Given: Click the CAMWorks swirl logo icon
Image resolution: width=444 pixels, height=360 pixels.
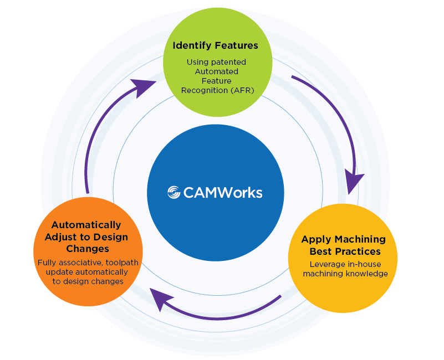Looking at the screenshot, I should (x=174, y=192).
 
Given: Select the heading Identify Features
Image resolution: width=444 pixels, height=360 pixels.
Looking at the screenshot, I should (x=215, y=45).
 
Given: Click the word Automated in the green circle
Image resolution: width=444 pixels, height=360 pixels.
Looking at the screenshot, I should (x=216, y=71).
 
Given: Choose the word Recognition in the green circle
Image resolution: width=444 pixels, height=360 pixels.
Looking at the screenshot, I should (x=205, y=90).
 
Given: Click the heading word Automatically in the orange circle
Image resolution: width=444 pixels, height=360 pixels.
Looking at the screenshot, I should (x=86, y=225).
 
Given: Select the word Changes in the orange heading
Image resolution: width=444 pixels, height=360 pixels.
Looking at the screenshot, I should (x=88, y=249).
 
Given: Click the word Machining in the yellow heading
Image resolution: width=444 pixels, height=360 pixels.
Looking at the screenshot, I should (x=360, y=239).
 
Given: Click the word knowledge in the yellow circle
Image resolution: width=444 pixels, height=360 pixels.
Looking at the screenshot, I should (x=368, y=274).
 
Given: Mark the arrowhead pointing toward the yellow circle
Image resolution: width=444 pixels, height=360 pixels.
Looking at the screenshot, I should (x=353, y=181).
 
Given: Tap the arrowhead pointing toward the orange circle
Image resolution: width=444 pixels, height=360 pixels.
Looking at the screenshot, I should (x=160, y=299).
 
